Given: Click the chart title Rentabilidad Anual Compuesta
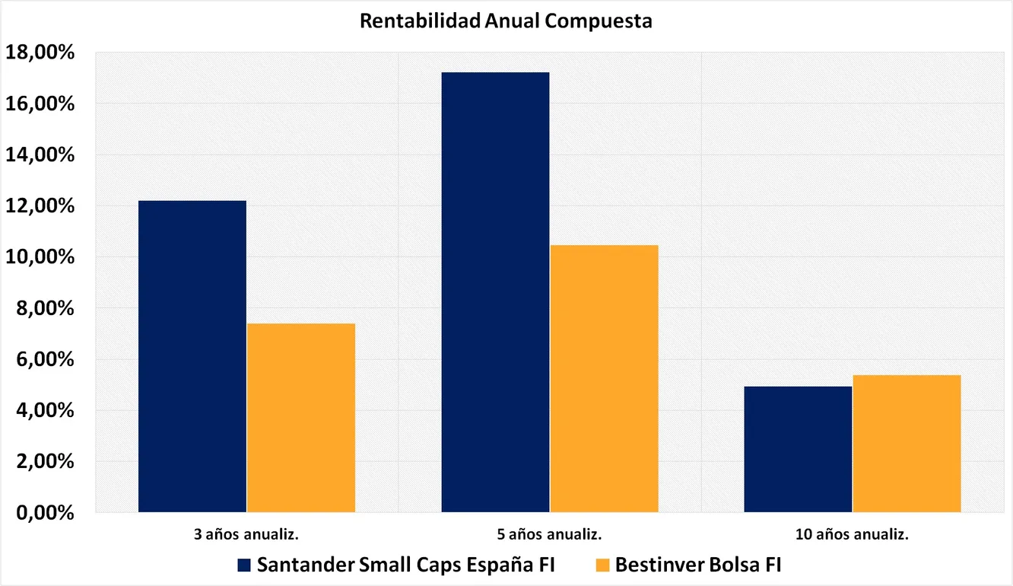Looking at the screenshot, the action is coord(506,21).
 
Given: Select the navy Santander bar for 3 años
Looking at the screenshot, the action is coord(192,357).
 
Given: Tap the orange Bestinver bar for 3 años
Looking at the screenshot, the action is coord(301,418).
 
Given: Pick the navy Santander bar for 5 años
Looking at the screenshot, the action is coord(495,292).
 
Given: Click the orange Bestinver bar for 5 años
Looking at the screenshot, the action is coord(604,379).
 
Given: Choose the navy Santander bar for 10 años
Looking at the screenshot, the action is coord(798,449).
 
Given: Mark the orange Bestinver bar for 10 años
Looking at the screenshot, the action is coord(907,444).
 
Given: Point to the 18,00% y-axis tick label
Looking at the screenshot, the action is coord(40,52).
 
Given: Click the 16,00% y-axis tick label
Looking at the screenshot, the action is coord(40,104).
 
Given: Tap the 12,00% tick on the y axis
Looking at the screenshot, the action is coord(40,206).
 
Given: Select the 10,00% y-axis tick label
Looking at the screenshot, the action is coord(40,257).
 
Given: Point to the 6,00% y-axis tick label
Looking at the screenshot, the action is coord(45,360).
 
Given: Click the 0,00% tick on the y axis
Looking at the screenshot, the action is coord(45,513).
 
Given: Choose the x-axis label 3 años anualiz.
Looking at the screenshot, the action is coord(246,534).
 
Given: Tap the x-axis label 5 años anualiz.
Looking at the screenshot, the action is coord(549,534).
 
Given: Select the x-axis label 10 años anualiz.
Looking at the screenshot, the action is coord(852,534).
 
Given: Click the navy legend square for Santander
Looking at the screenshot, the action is coord(244,565).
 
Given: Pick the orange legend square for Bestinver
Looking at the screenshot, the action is coord(602,565).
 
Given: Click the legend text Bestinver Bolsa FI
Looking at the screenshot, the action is coord(698,565).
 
